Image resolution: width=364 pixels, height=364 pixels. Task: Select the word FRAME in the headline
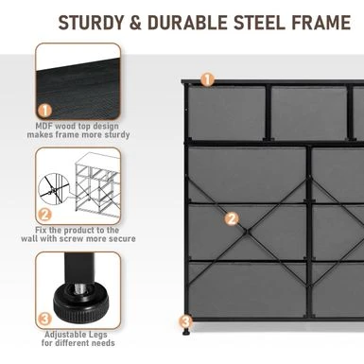coord(321,23)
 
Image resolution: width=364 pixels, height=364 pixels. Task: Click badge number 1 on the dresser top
coord(207,79)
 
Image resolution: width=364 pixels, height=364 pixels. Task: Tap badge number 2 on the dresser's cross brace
coord(232,218)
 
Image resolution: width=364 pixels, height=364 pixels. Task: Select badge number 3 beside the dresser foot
coord(186,321)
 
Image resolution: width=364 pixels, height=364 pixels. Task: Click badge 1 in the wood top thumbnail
coord(45,111)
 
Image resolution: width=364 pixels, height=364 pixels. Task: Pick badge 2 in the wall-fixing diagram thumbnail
coord(44,215)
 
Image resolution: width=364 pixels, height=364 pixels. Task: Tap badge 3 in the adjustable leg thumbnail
coord(44,319)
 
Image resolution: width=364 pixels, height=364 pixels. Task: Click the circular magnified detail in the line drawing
coord(54,190)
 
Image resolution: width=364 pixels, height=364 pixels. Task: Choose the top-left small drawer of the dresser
coord(227,113)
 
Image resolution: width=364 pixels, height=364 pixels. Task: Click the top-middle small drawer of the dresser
coord(309,113)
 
